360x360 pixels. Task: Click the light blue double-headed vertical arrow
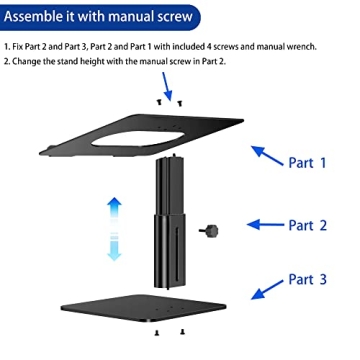coord(115,227)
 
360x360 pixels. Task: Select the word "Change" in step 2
coord(31,62)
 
